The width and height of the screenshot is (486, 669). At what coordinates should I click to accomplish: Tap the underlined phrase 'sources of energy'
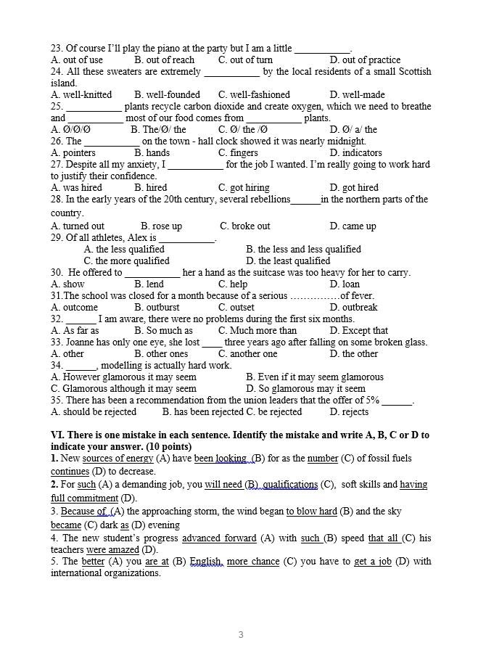118,459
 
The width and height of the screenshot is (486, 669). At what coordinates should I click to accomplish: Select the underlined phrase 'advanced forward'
219,538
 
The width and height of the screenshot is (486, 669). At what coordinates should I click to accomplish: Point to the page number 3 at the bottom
241,635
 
